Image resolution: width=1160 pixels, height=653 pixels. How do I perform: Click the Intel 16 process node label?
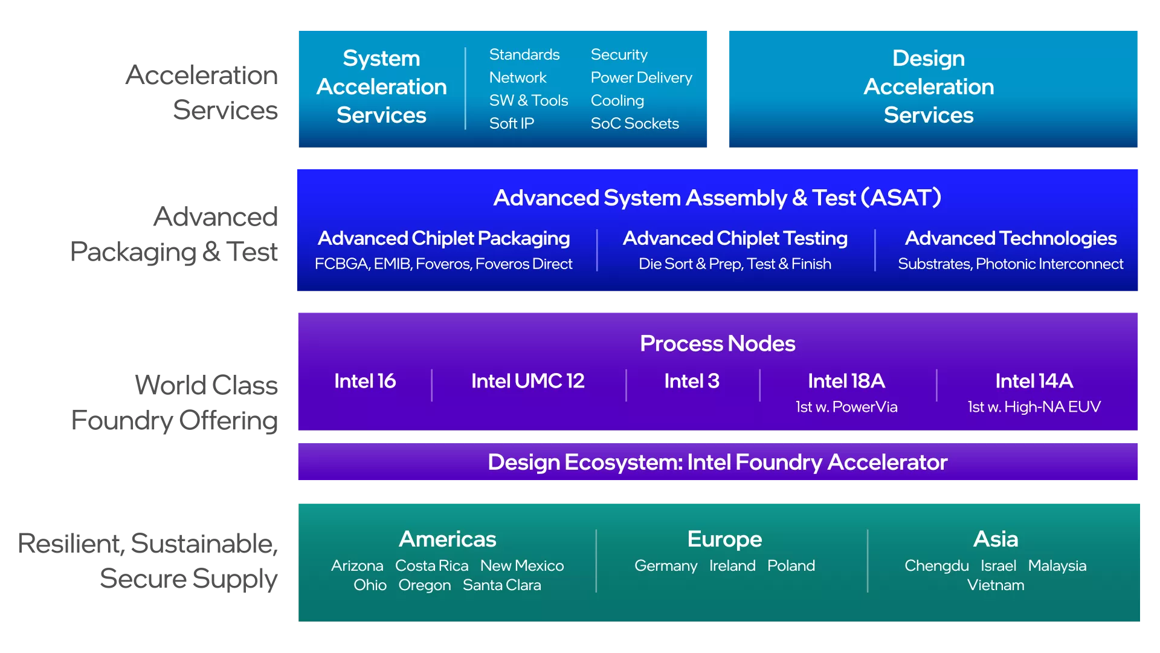365,381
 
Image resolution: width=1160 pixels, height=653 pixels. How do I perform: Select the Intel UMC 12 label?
527,381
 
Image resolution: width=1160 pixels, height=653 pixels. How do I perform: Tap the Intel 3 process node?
692,381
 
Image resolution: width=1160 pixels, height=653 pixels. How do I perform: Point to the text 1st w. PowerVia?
846,407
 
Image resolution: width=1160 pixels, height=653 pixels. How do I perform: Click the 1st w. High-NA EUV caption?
1034,407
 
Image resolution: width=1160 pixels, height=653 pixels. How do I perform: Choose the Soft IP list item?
511,123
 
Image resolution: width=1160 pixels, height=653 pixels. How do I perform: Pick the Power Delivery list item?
641,77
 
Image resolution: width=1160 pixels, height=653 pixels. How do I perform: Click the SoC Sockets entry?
634,123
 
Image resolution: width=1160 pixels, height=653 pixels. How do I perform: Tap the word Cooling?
617,100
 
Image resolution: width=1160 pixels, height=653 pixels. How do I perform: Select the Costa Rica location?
431,566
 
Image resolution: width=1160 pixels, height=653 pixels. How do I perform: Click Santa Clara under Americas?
501,585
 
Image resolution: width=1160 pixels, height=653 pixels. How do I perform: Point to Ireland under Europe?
732,566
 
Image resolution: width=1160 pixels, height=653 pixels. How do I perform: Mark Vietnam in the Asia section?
995,585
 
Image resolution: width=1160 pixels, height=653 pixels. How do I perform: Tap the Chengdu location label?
936,566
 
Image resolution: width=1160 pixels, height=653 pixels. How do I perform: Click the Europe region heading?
724,539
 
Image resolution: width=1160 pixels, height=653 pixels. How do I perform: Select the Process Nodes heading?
717,343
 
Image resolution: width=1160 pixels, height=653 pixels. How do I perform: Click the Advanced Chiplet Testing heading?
735,238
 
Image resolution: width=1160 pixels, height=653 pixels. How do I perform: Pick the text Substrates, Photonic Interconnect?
1010,264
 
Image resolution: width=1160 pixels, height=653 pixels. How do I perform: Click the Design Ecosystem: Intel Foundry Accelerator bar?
717,462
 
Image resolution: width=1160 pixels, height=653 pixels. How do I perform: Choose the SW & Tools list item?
528,100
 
